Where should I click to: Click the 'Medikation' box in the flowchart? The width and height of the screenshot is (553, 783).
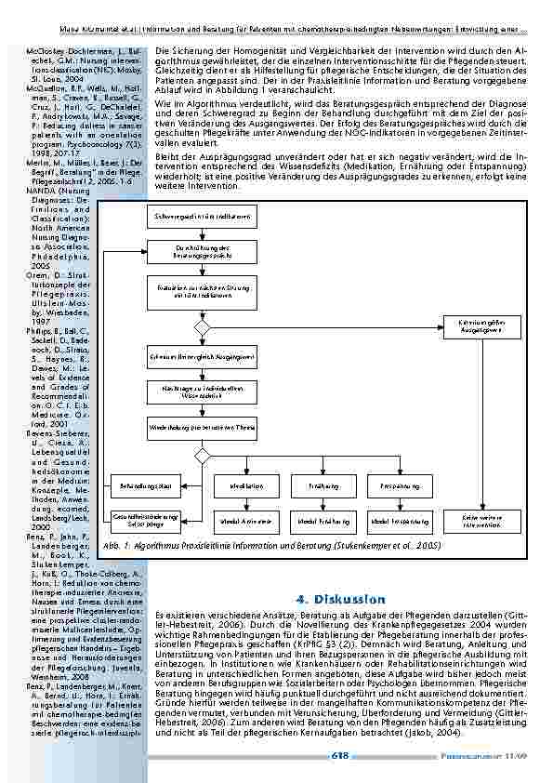tap(245, 486)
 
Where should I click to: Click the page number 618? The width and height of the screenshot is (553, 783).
tap(340, 756)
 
